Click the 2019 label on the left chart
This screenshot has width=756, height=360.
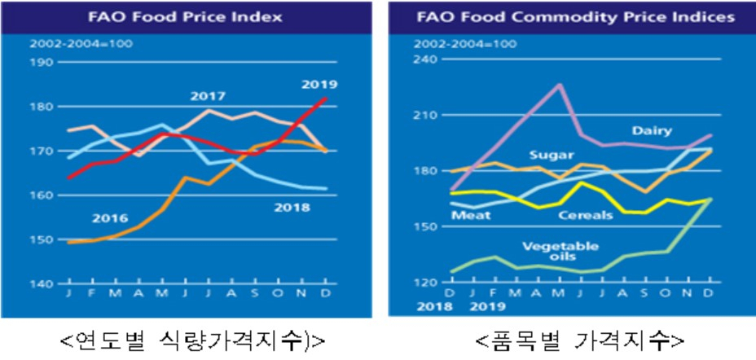[319, 85]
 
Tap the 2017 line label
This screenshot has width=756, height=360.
[208, 96]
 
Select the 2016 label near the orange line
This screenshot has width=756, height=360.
[111, 218]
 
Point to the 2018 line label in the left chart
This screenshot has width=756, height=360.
[292, 208]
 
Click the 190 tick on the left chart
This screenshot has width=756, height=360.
[42, 62]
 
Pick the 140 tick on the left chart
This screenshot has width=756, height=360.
[42, 284]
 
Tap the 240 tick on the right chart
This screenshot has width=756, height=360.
[425, 59]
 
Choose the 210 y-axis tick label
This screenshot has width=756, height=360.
[425, 115]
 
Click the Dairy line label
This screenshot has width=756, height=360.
[652, 130]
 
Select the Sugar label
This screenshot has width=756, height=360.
[552, 156]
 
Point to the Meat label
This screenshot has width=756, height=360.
[471, 215]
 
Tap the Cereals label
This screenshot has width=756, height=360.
[585, 215]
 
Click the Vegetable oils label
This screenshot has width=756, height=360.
[560, 252]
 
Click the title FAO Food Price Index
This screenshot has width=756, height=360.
[185, 18]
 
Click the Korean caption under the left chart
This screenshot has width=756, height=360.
[192, 341]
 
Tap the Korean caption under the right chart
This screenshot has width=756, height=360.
[579, 341]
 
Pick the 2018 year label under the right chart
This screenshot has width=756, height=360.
[436, 307]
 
